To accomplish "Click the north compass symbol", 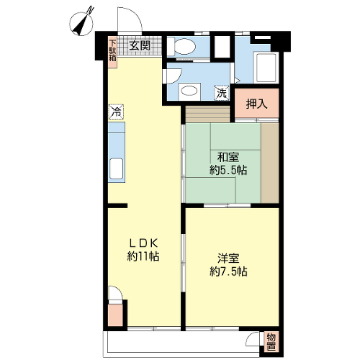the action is click(x=81, y=24).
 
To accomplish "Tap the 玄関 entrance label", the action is click(x=140, y=45).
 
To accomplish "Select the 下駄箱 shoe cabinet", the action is click(x=112, y=52).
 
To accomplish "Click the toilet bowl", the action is click(x=182, y=46).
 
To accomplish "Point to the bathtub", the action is click(x=266, y=68).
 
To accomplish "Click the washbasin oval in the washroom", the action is click(x=189, y=91).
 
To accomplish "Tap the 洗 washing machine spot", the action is click(x=222, y=93).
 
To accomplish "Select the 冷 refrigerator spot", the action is click(x=116, y=112).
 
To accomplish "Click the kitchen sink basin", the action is click(x=116, y=168).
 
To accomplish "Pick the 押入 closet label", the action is click(x=256, y=104).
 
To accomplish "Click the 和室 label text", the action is click(x=228, y=157).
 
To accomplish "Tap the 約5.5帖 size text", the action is click(x=228, y=170).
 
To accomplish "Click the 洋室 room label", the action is click(x=228, y=258).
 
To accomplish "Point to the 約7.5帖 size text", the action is click(x=228, y=271).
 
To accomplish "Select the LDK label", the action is click(x=143, y=243).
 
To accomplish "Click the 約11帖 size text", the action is click(x=143, y=256).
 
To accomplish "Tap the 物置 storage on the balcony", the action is click(x=271, y=343).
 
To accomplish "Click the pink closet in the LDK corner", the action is click(x=116, y=315).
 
